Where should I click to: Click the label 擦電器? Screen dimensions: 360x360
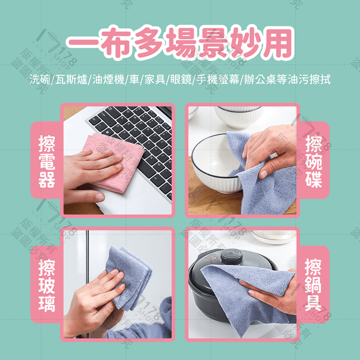(47, 161)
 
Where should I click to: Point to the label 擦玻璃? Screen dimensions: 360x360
(47, 285)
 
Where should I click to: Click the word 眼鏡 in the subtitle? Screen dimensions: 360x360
(181, 81)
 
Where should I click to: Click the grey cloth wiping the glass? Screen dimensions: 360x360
(130, 274)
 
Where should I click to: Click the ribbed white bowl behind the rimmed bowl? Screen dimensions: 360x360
(238, 117)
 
